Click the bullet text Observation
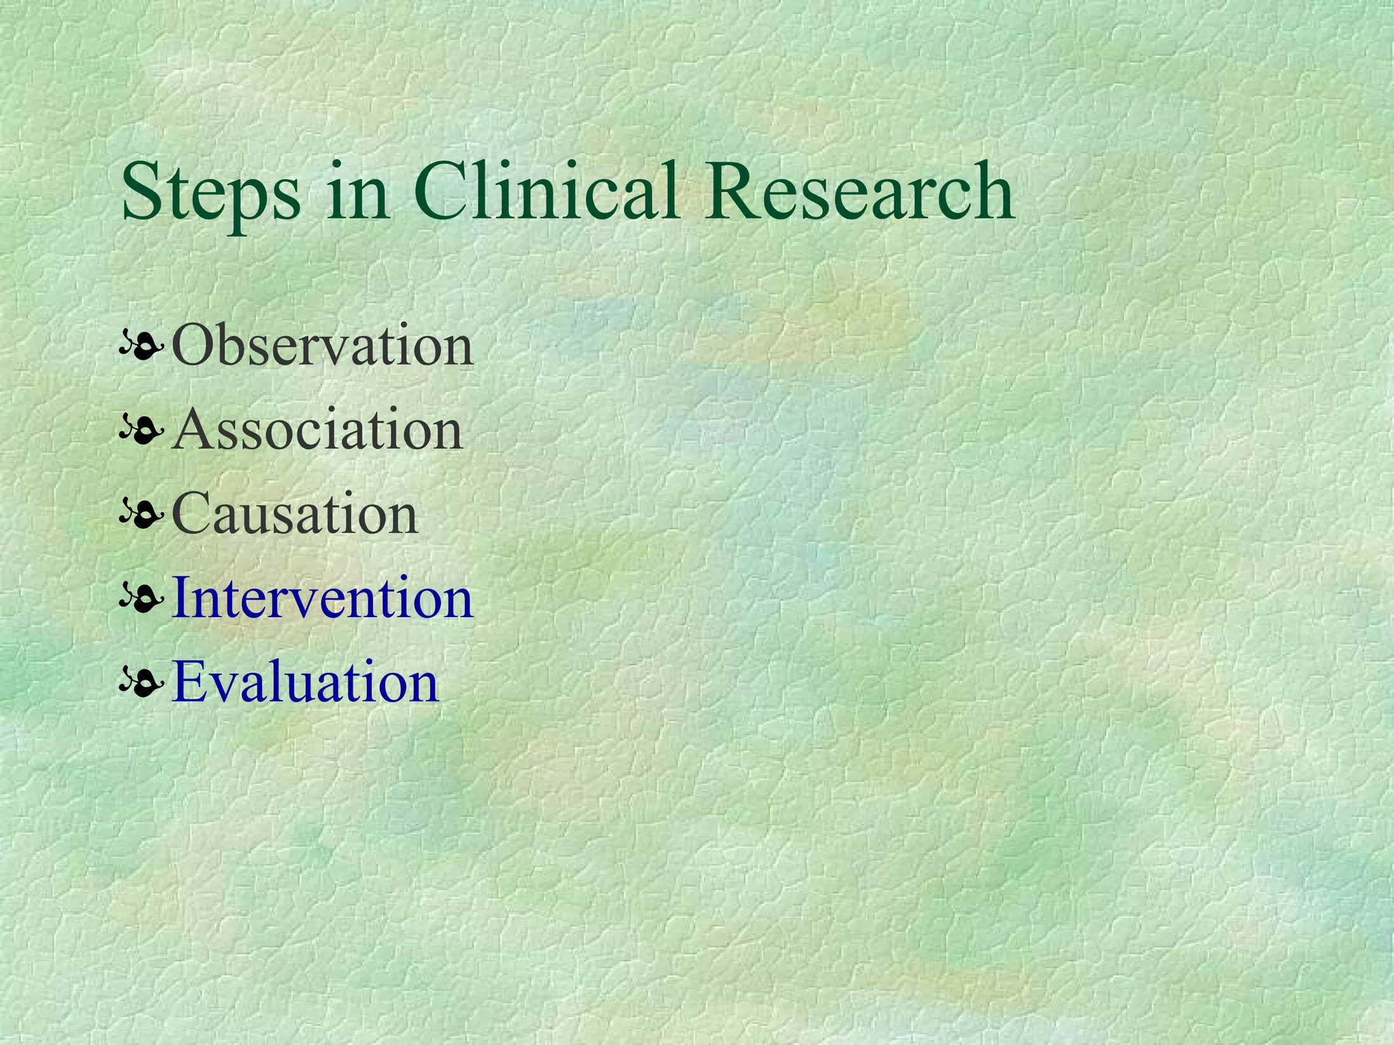point(323,346)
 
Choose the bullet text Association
point(317,430)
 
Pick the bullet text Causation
point(295,514)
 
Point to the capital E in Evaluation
point(190,682)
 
